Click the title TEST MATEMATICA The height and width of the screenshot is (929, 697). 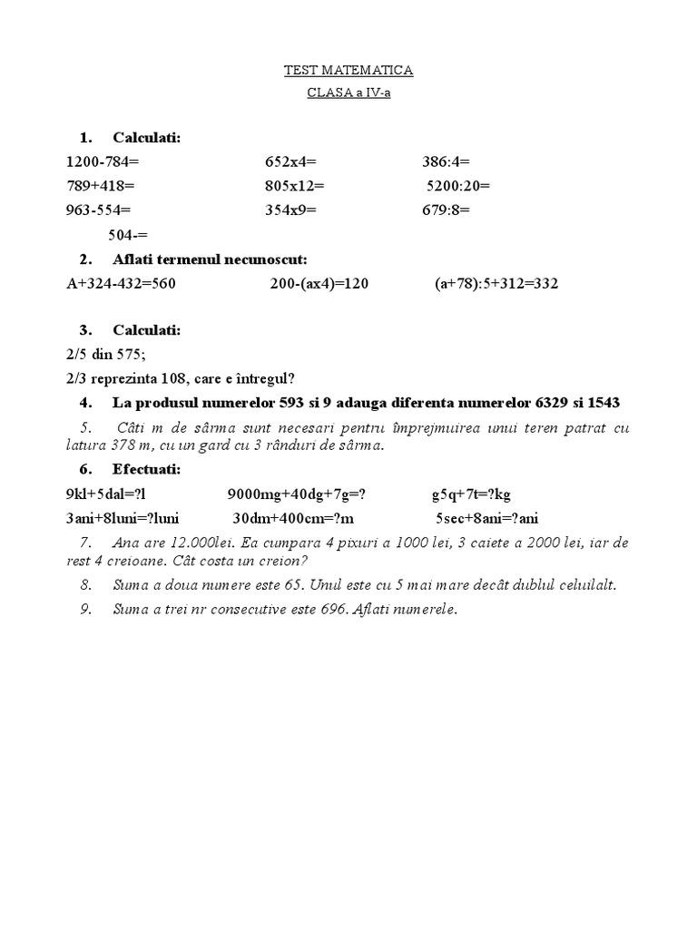pos(348,70)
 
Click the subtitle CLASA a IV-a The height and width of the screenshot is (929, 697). pos(348,93)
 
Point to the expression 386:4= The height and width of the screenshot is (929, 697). pos(446,162)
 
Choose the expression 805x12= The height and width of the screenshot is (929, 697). pos(294,187)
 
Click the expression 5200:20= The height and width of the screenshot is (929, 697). pos(458,187)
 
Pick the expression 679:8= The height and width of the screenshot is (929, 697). pos(446,210)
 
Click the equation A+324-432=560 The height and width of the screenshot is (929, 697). pos(121,284)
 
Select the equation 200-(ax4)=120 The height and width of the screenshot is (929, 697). pos(319,284)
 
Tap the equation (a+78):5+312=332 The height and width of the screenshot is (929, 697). pos(496,284)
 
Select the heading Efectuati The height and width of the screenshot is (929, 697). pos(146,470)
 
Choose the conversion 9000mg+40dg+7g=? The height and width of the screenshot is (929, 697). pos(301,494)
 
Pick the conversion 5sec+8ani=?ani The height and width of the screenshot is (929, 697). pos(486,518)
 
